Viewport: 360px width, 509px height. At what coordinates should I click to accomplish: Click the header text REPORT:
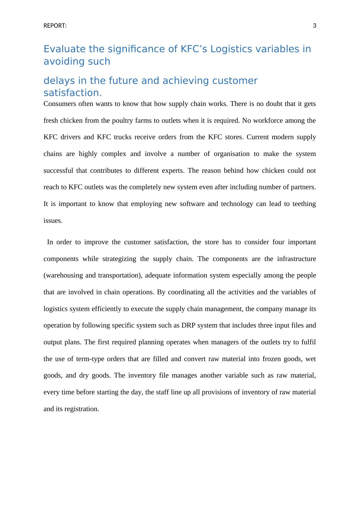coord(55,26)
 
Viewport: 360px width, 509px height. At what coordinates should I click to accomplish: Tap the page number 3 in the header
coord(314,26)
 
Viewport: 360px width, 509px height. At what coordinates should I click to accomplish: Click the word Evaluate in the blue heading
coord(65,49)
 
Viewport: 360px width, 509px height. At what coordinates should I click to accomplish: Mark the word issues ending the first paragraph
coord(53,221)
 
